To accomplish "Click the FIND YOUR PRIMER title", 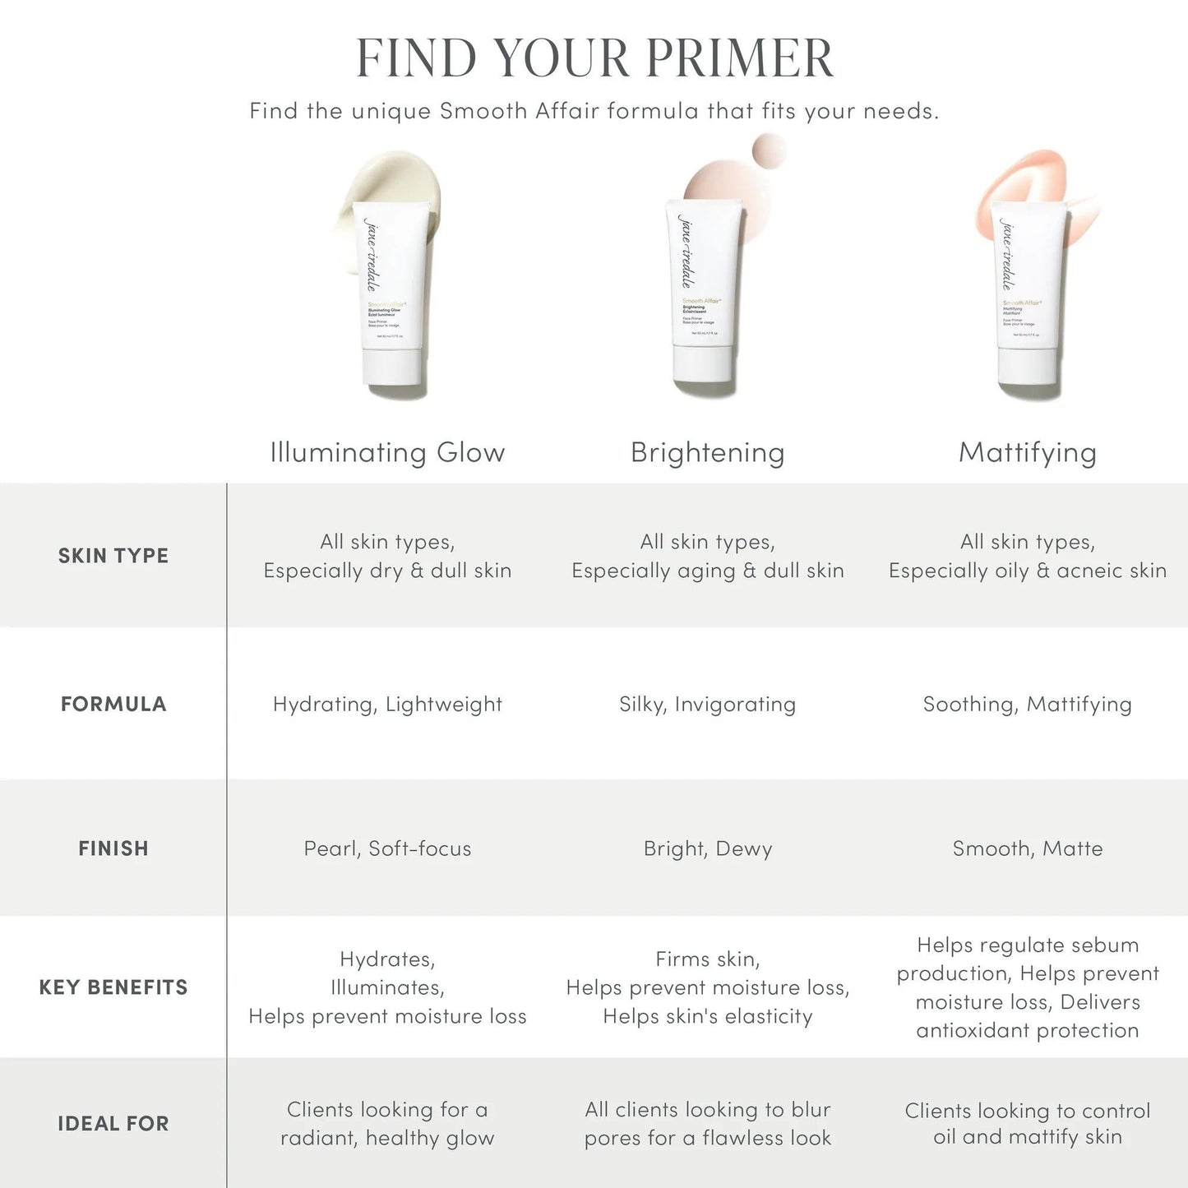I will (594, 58).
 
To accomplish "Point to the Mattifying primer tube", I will (1028, 292).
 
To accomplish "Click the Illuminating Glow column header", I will (387, 452).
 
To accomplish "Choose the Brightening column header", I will (707, 452).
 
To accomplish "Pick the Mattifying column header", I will (1027, 452).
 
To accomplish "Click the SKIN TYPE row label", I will (113, 556).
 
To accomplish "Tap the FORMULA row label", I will (113, 704).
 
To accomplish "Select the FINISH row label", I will (113, 848).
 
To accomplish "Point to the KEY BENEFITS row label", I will (113, 987).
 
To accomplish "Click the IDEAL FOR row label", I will (113, 1124).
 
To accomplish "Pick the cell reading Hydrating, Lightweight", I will (387, 705).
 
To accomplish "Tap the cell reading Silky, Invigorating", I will (707, 705).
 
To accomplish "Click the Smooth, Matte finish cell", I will (1027, 848).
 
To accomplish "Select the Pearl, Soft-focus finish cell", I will (387, 848).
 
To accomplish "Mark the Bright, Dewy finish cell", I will (707, 848).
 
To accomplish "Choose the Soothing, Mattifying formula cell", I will (1027, 705).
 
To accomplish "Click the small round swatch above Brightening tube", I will (769, 151).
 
